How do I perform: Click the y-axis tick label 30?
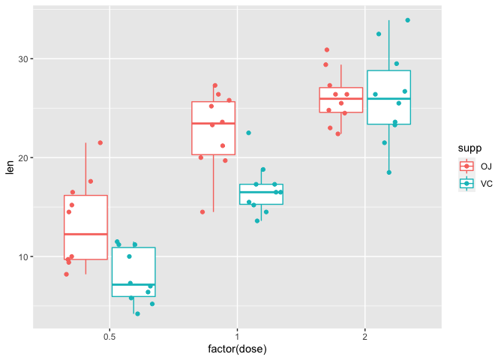[x=22, y=58]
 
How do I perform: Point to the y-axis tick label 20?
[x=22, y=157]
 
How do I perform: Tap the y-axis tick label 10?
[x=22, y=256]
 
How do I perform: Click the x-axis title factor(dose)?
[x=237, y=349]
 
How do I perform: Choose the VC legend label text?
[x=486, y=183]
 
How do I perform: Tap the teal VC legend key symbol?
[x=466, y=183]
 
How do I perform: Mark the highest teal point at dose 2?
[x=408, y=20]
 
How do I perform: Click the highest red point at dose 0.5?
[x=100, y=142]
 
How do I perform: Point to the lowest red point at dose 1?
[x=202, y=211]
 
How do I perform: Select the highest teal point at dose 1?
[x=249, y=133]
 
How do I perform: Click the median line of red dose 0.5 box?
[x=85, y=234]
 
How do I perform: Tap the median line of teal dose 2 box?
[x=388, y=99]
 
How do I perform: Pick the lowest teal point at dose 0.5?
[x=137, y=313]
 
